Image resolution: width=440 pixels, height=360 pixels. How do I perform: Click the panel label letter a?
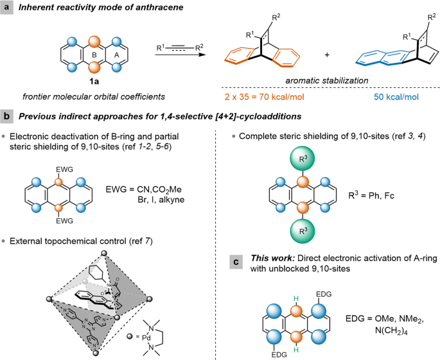(x=8, y=8)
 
